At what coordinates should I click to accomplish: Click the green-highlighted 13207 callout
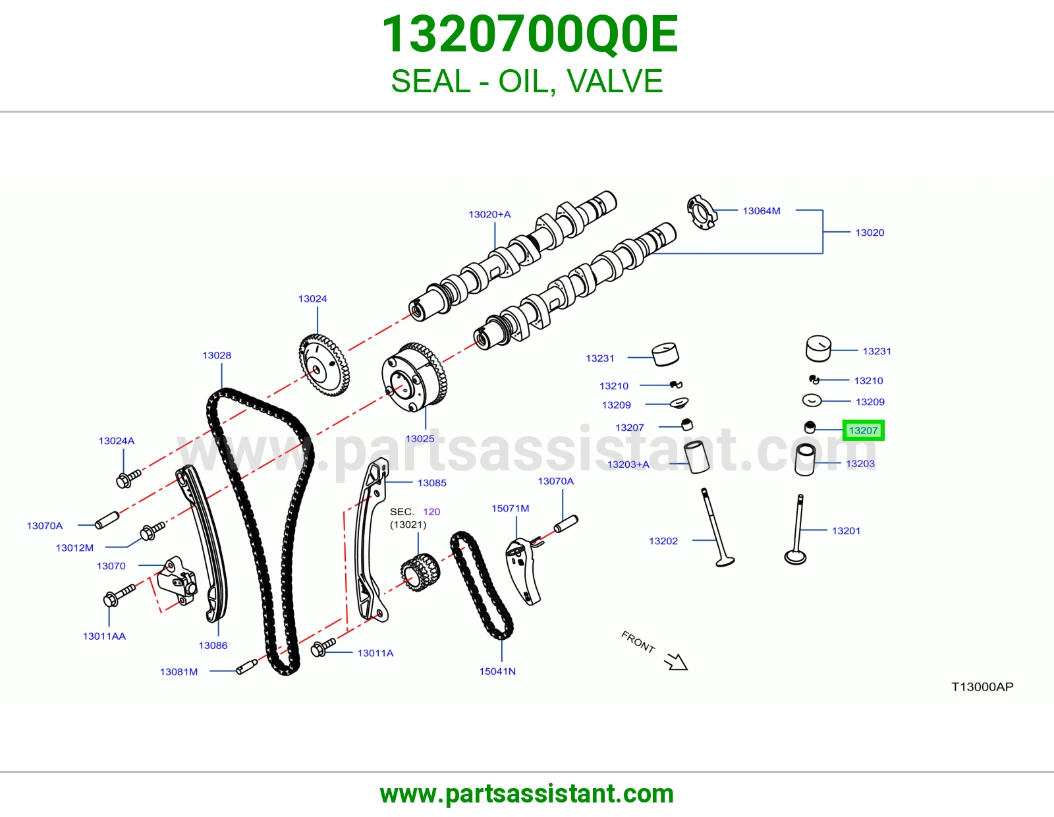pyautogui.click(x=864, y=430)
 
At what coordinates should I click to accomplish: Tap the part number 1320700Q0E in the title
pyautogui.click(x=530, y=34)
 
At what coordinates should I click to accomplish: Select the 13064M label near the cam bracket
pyautogui.click(x=761, y=211)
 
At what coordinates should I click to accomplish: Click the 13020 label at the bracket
pyautogui.click(x=870, y=233)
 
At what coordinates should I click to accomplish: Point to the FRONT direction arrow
pyautogui.click(x=676, y=662)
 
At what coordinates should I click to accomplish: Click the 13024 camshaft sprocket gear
pyautogui.click(x=324, y=365)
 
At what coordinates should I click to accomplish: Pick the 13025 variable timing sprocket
pyautogui.click(x=414, y=378)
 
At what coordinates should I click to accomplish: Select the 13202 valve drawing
pyautogui.click(x=717, y=527)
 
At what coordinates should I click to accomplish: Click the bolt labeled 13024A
pyautogui.click(x=128, y=478)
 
